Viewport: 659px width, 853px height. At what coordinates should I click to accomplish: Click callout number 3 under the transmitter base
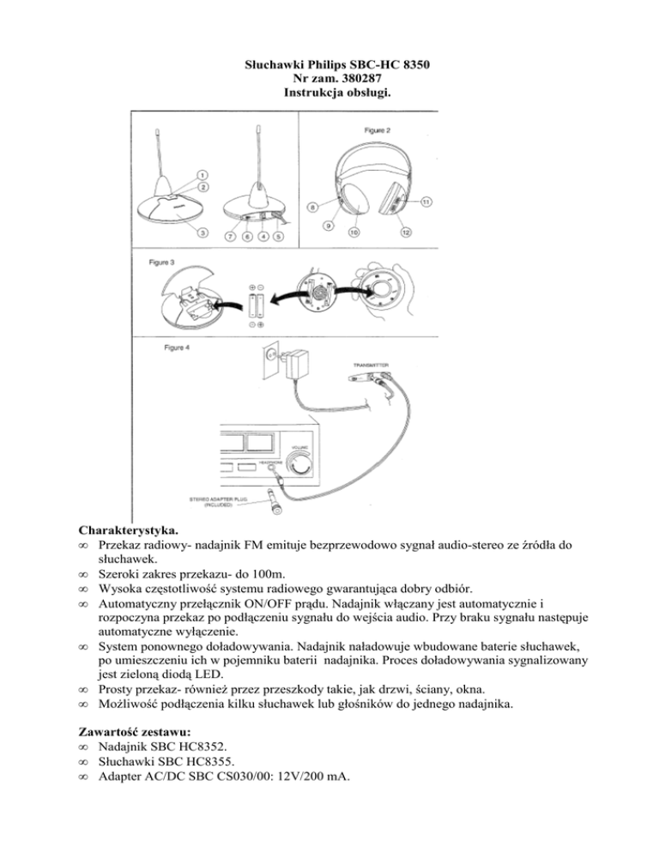pyautogui.click(x=202, y=233)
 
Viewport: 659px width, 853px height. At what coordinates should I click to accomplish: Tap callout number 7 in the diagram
pyautogui.click(x=228, y=237)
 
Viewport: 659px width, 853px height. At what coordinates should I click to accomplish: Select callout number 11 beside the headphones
pyautogui.click(x=425, y=202)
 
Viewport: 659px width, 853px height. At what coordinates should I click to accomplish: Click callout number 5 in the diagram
pyautogui.click(x=279, y=237)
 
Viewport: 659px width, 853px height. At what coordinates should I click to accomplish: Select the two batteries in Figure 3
pyautogui.click(x=256, y=305)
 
